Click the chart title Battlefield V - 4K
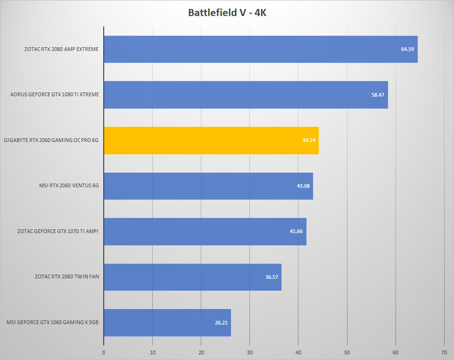tap(227, 13)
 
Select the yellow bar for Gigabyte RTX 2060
tap(211, 141)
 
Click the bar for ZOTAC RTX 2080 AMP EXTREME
tap(261, 49)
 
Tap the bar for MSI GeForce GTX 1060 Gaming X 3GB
tap(168, 323)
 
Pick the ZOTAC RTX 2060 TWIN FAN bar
tap(193, 277)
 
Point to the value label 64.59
tap(407, 49)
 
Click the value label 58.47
tap(378, 95)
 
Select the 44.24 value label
tap(309, 140)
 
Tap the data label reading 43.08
tap(303, 186)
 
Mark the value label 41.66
tap(296, 231)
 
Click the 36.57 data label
tap(272, 277)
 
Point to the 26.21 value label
tap(221, 323)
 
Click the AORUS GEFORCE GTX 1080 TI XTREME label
tap(55, 94)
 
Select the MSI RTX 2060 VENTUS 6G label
tap(69, 185)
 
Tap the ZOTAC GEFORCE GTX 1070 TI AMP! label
tap(58, 231)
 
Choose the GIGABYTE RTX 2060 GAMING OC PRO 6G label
tap(51, 140)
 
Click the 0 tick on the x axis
tap(104, 352)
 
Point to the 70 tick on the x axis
tap(444, 352)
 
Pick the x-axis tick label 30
tap(249, 352)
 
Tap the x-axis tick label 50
tap(347, 352)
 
